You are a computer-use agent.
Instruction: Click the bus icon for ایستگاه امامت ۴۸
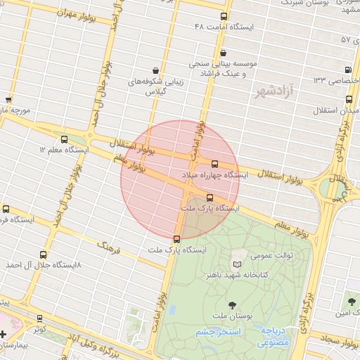point(224,16)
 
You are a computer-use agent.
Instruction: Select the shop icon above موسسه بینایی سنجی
point(223,53)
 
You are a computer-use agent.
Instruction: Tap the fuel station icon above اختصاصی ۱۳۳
point(347,70)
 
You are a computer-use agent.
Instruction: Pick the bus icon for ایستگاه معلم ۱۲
point(65,139)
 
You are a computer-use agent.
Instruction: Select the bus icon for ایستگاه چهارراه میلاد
point(214,163)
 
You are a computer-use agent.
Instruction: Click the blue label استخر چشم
point(218,331)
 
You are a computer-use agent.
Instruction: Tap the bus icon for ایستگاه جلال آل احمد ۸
point(44,255)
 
